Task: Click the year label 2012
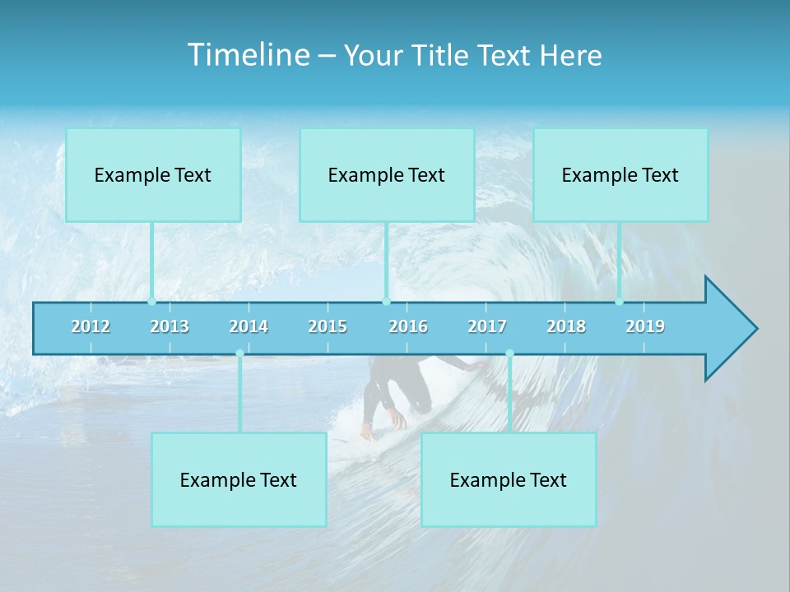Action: [x=91, y=326]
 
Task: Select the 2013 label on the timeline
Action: [x=170, y=326]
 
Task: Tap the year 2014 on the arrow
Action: [x=249, y=326]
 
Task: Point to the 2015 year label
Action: [x=328, y=326]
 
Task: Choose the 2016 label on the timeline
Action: [x=408, y=326]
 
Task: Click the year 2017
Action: [x=487, y=326]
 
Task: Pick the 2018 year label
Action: [x=566, y=326]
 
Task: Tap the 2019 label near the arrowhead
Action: [x=645, y=326]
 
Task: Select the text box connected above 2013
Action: [x=153, y=175]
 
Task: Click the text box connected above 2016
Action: [x=387, y=175]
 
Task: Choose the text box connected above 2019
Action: [x=620, y=175]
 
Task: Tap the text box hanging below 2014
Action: [x=239, y=480]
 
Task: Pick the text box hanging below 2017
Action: [x=509, y=480]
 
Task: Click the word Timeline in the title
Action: [x=248, y=55]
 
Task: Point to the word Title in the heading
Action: [x=440, y=56]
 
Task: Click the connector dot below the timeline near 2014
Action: [x=239, y=354]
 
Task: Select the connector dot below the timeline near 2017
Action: [x=509, y=354]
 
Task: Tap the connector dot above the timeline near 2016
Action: [x=386, y=301]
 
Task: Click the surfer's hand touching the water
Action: [x=398, y=421]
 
